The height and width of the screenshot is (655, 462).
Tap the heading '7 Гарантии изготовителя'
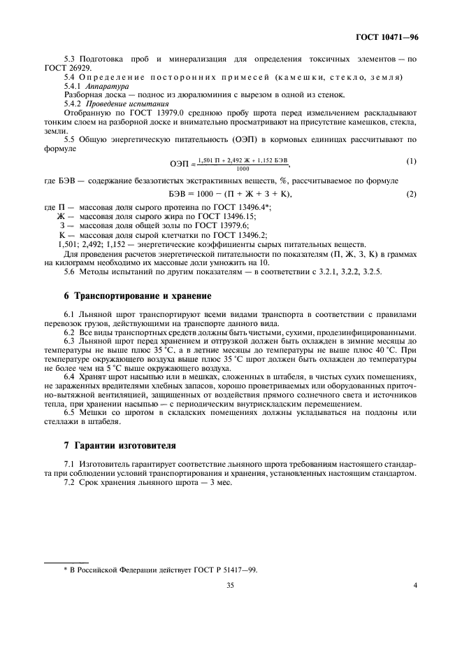(x=110, y=445)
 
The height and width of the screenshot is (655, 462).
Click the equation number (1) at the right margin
(x=411, y=162)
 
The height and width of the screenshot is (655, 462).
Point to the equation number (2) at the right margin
(x=411, y=193)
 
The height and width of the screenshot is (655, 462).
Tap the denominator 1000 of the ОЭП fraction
(x=243, y=169)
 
